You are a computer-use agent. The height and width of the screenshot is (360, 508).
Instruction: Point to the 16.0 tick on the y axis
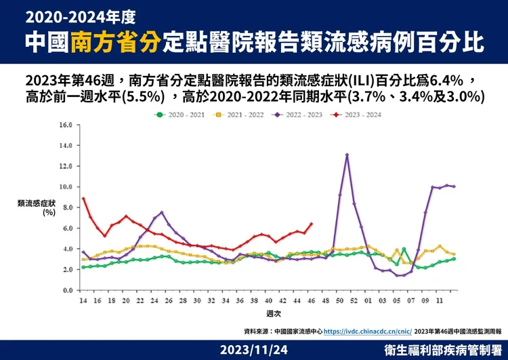pos(66,125)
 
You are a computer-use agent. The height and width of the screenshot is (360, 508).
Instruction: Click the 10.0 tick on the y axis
pos(66,187)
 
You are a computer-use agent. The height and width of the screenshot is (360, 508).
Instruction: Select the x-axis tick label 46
pos(312,300)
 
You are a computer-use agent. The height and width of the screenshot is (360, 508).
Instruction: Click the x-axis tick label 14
pos(83,300)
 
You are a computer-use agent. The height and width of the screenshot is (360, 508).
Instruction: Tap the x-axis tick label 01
pos(368,300)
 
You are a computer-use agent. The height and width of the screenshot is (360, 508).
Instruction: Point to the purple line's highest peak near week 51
pos(347,155)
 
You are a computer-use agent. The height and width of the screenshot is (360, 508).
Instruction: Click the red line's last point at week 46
pos(312,224)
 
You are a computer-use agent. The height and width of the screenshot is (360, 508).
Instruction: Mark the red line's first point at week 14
pos(83,199)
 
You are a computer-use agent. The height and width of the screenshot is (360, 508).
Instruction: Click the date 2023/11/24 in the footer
pos(254,350)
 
